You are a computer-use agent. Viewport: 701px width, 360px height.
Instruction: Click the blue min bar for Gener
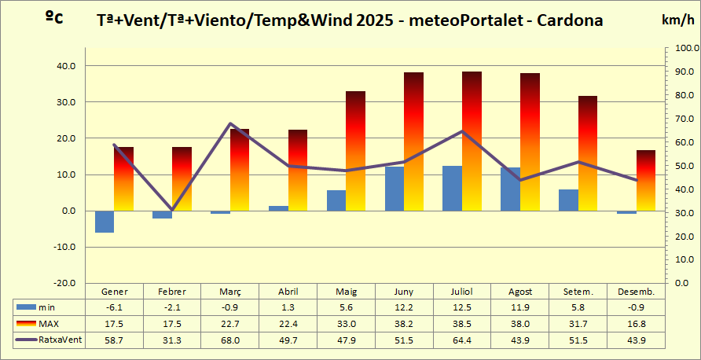[105, 222]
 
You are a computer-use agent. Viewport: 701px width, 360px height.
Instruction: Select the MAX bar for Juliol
[472, 141]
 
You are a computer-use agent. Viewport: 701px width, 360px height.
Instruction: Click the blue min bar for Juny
[395, 189]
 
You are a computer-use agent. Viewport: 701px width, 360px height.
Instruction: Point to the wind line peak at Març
[230, 123]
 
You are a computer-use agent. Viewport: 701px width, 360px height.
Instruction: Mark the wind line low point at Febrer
[172, 210]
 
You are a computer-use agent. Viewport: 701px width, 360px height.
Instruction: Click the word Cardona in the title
[570, 20]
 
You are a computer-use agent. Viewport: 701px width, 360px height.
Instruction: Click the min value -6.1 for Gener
[114, 307]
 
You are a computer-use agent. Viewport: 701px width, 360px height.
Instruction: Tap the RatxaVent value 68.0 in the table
[230, 340]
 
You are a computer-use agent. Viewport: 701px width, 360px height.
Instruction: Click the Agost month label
[520, 291]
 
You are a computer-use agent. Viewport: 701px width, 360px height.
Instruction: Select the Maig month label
[347, 291]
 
